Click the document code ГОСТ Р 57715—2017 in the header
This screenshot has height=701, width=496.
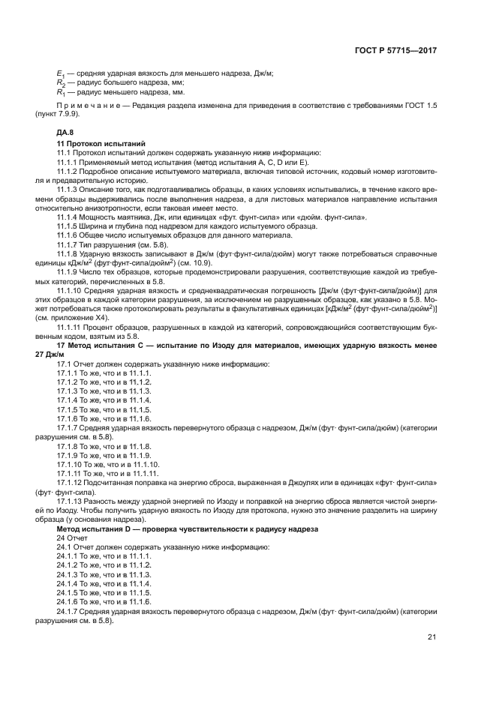click(x=395, y=51)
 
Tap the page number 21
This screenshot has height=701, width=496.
click(x=431, y=637)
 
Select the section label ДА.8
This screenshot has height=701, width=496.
click(x=68, y=132)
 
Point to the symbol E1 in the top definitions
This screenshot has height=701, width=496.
click(x=61, y=73)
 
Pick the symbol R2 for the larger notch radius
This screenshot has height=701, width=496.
click(x=61, y=82)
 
